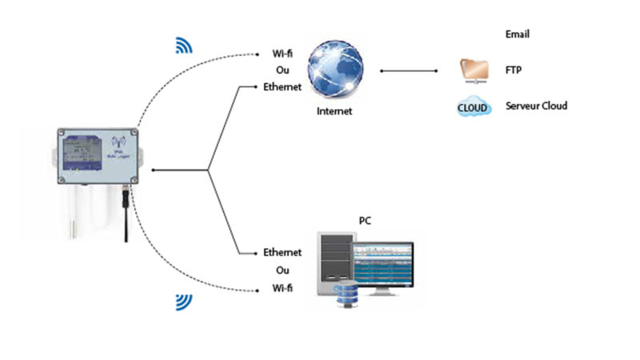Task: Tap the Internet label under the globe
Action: tap(334, 111)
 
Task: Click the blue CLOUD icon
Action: tap(474, 107)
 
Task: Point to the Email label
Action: tap(518, 34)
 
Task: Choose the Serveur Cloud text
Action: tap(536, 106)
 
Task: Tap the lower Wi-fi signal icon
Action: tap(184, 302)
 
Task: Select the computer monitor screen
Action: tap(385, 264)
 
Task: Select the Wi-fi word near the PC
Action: tap(282, 287)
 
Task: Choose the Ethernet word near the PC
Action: tap(282, 253)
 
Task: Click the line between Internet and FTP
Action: tap(409, 70)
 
